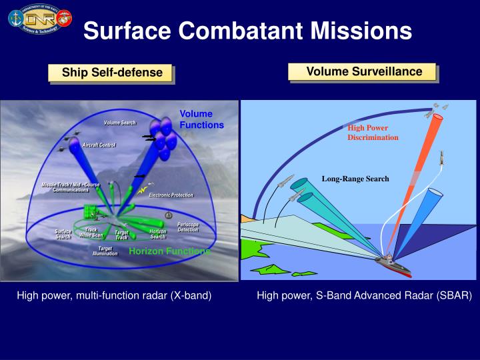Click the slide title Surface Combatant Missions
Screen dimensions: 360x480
tap(247, 30)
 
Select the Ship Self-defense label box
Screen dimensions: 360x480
tap(112, 73)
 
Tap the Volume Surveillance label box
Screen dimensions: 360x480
tap(364, 71)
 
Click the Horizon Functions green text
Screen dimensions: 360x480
tap(169, 251)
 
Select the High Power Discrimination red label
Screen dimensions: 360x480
tap(372, 133)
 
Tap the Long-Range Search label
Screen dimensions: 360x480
tap(355, 179)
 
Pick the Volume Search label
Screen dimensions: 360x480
tap(120, 123)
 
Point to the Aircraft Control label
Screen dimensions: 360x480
tap(99, 145)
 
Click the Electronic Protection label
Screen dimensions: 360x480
tap(171, 195)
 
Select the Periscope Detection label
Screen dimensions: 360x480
tap(188, 227)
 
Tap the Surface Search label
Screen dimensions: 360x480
tap(63, 234)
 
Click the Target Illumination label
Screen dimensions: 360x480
tap(105, 251)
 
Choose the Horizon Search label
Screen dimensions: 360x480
tap(158, 234)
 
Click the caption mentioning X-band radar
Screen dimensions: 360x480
tap(114, 295)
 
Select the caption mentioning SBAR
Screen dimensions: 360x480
tap(364, 295)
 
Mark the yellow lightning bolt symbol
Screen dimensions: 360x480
tap(142, 190)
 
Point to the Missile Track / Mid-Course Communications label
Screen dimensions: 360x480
tap(71, 187)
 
